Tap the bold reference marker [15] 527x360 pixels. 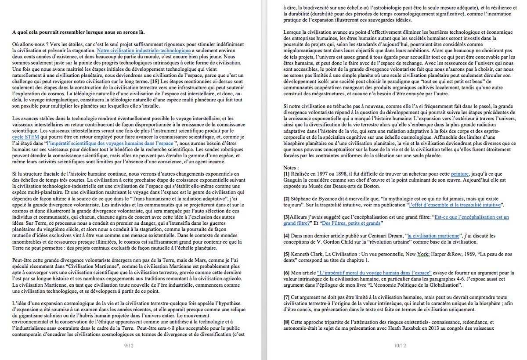coord(155,82)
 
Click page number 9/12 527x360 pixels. coord(129,346)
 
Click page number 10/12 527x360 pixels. coord(400,346)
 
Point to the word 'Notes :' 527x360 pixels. coord(292,168)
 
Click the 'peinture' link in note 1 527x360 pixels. coord(460,174)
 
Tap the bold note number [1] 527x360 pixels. coord(286,174)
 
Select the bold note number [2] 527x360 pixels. coord(286,199)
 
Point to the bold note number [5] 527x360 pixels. coord(286,254)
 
